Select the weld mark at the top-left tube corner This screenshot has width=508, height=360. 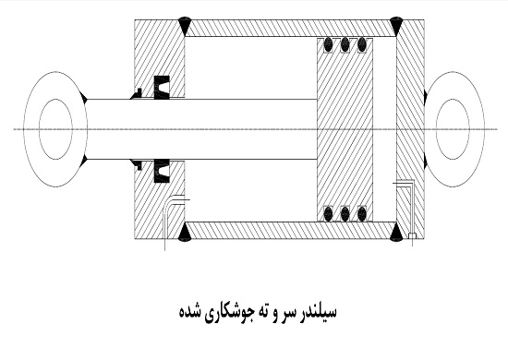[x=186, y=19]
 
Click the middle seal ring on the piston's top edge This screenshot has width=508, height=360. [x=346, y=43]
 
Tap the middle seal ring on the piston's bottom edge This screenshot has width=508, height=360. [x=346, y=213]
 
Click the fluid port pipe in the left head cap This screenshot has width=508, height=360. [x=166, y=217]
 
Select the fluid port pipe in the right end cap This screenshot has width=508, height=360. [x=407, y=208]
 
